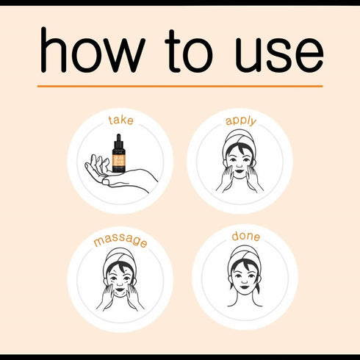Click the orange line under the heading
click(180, 86)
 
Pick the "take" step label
click(120, 120)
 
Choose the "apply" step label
click(240, 120)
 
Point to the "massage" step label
click(120, 240)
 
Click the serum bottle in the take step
click(119, 154)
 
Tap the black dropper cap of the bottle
click(119, 140)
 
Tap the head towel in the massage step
click(120, 259)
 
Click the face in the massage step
click(120, 278)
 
